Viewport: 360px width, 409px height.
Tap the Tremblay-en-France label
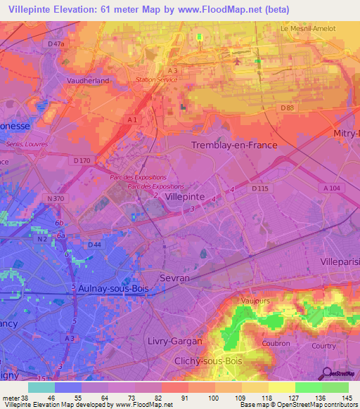pos(234,145)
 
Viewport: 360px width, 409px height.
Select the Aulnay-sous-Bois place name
pos(106,289)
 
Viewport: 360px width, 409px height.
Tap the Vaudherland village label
pos(87,81)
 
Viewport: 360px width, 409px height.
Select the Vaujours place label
pos(256,301)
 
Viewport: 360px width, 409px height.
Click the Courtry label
pos(324,346)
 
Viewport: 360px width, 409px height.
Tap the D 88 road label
pos(286,108)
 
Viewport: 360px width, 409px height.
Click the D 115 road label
pos(260,188)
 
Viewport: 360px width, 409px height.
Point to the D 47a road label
pos(56,44)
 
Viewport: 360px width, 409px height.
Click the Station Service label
pos(157,79)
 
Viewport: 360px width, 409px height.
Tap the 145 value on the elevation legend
pos(345,397)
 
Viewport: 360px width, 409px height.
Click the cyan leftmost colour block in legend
pos(41,387)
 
